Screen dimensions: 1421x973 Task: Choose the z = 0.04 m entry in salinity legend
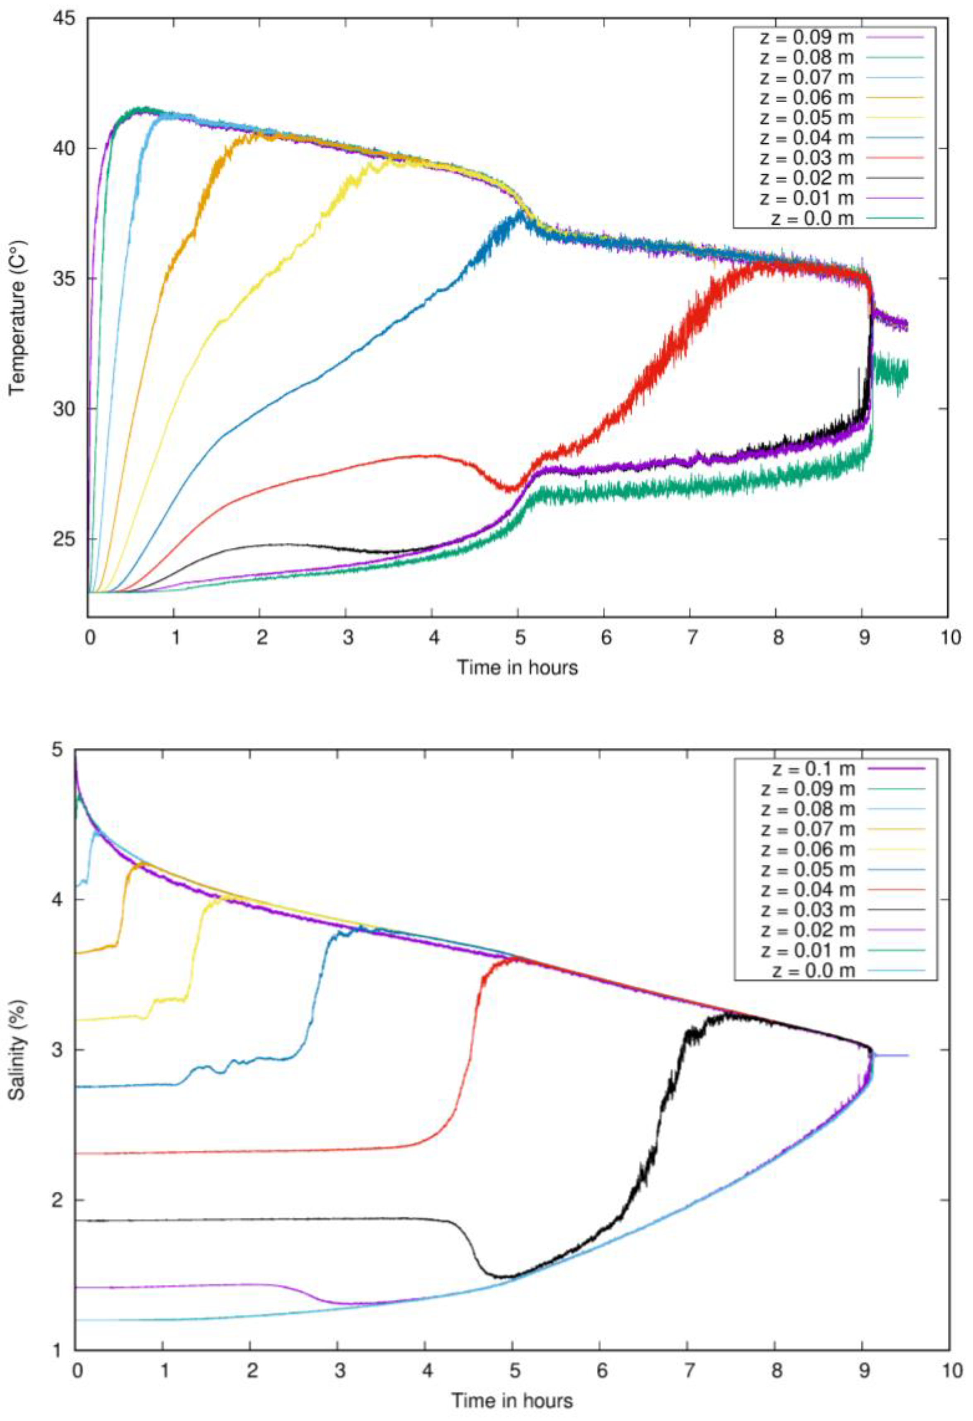(x=807, y=889)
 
